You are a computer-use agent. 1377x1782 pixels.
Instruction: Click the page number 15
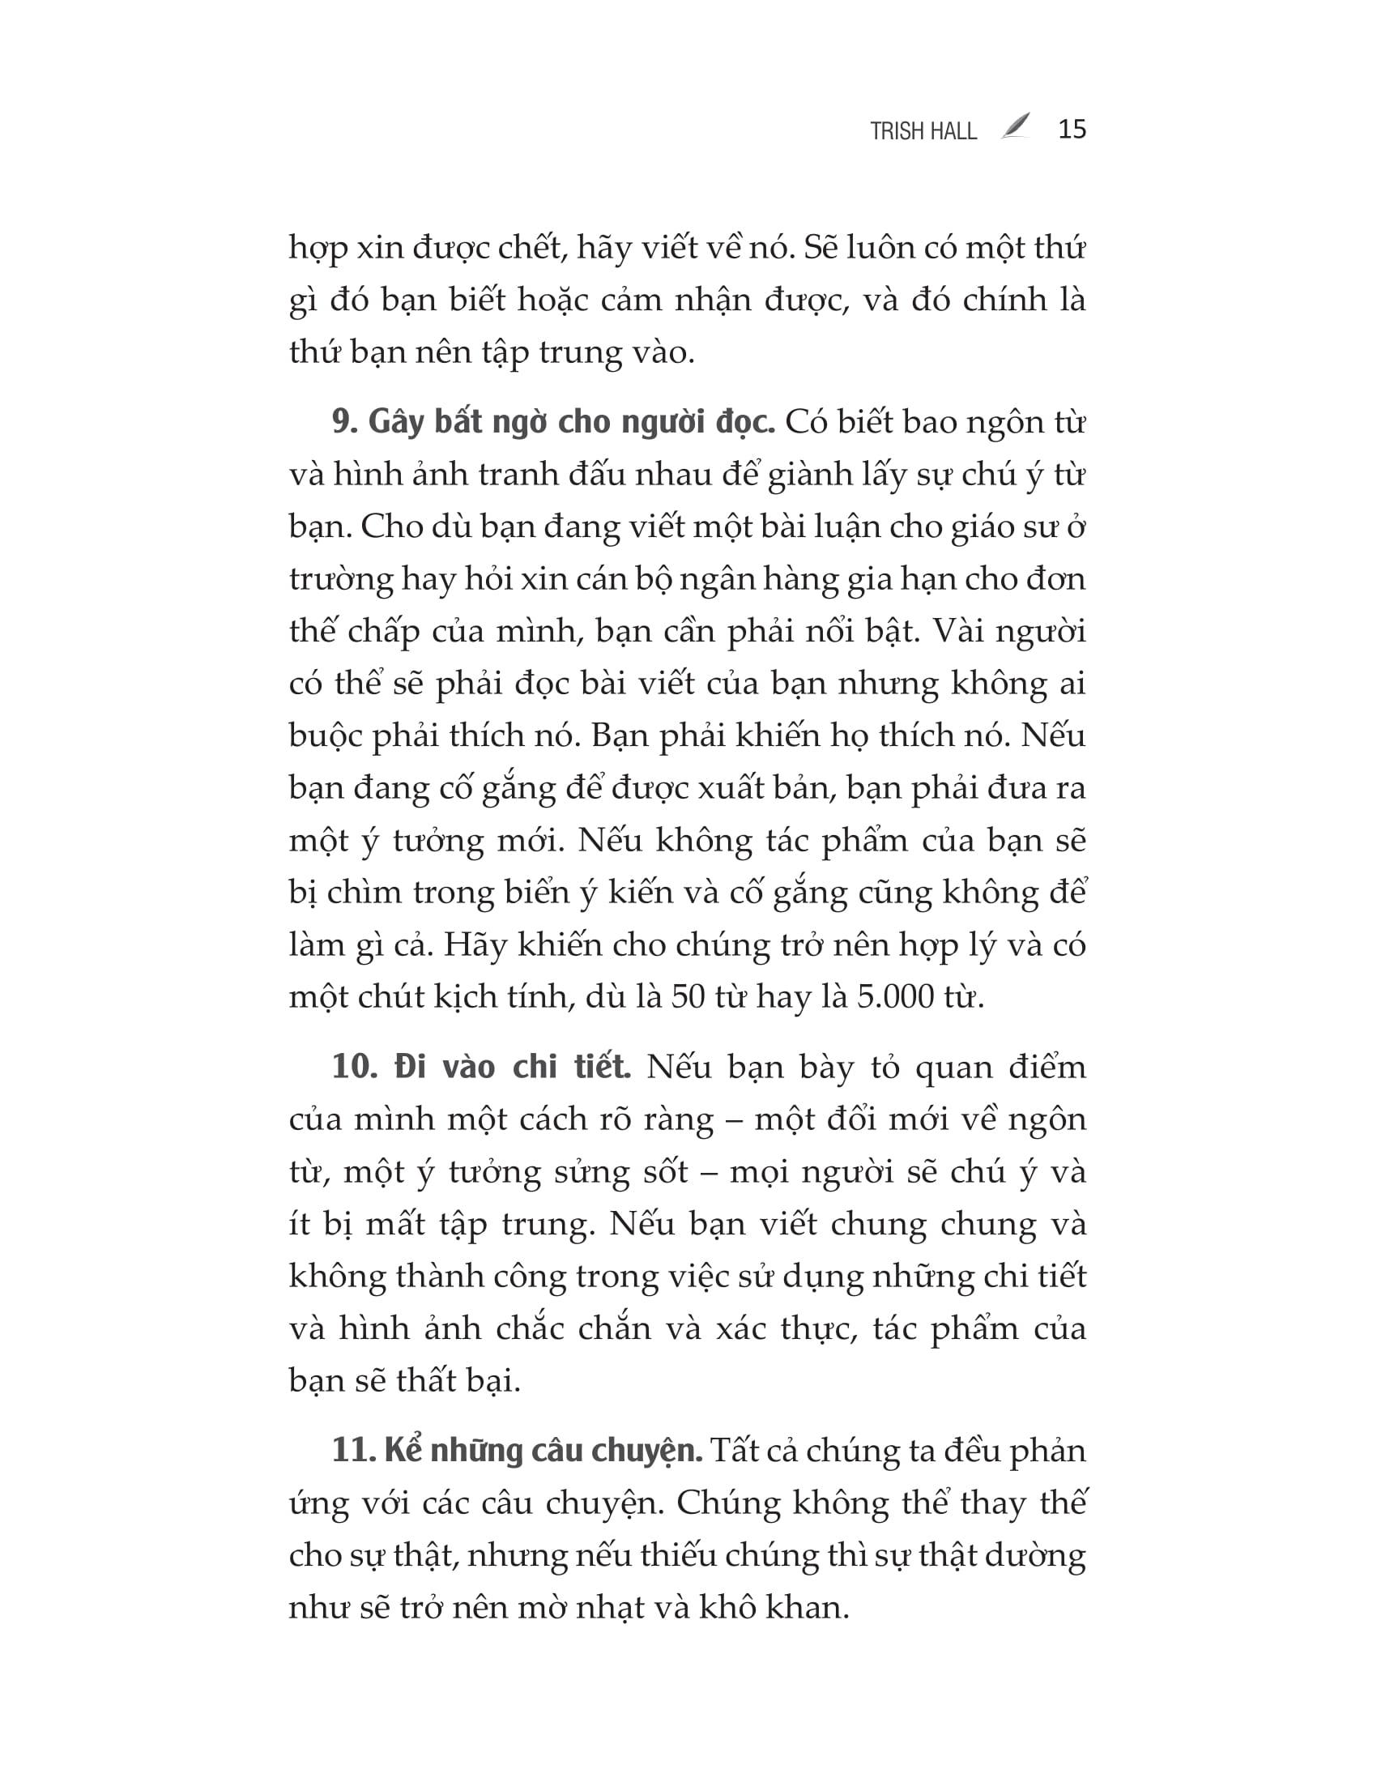tap(1072, 130)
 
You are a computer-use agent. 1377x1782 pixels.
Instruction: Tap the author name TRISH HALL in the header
tap(923, 131)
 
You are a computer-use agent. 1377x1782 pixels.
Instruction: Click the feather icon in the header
tap(1016, 127)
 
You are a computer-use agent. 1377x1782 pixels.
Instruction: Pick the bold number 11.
tap(353, 1451)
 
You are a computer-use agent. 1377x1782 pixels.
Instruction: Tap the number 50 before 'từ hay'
tap(688, 997)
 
